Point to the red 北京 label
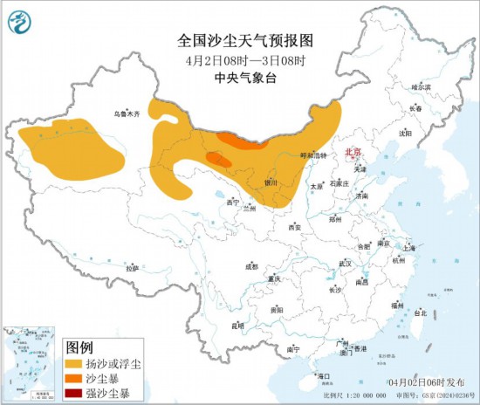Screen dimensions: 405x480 [354, 151]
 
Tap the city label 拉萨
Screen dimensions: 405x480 [132, 268]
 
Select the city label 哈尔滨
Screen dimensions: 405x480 [421, 86]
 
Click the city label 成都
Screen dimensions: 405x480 [251, 266]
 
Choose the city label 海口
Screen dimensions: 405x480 [325, 375]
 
